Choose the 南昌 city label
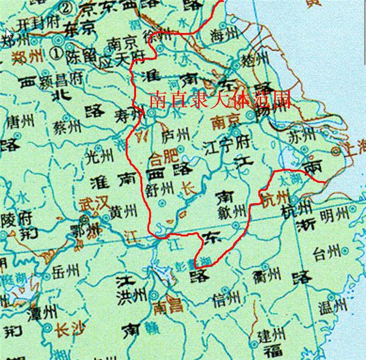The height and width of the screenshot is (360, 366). coord(166,305)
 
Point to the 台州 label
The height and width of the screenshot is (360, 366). coord(328,250)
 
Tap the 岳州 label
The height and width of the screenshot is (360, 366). coord(66,270)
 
